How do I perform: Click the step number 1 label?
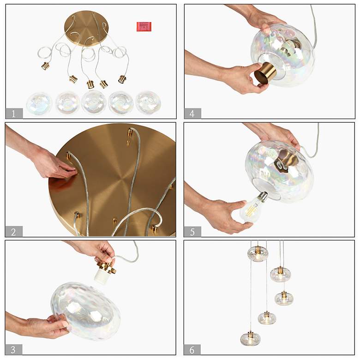[x=13, y=114]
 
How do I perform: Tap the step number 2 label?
[x=13, y=232]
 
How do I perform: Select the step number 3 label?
[x=13, y=350]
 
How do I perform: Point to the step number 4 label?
[x=192, y=114]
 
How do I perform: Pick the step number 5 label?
[x=192, y=232]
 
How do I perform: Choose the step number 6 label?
[x=192, y=350]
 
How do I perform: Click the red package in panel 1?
[x=144, y=26]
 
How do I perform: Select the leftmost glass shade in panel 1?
[x=39, y=103]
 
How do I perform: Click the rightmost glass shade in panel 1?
[x=148, y=102]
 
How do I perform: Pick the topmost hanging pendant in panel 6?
[x=258, y=254]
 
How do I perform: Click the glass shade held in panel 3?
[x=86, y=312]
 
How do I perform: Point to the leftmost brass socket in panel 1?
[x=45, y=66]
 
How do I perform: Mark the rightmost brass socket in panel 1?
[x=123, y=79]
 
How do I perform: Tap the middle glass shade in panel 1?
[x=94, y=102]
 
